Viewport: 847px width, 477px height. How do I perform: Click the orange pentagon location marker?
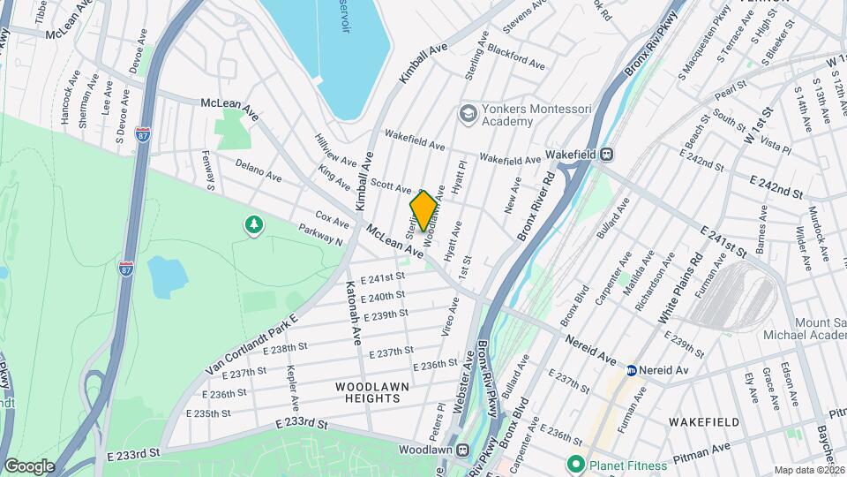click(x=423, y=211)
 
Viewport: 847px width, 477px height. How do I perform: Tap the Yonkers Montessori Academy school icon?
click(x=467, y=113)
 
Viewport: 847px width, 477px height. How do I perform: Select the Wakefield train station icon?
click(x=606, y=154)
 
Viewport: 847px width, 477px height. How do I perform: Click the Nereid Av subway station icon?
click(x=632, y=370)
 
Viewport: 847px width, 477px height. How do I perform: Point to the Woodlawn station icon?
click(x=461, y=450)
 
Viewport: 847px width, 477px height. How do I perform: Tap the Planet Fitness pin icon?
click(x=576, y=463)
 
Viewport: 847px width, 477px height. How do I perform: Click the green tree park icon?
click(x=254, y=226)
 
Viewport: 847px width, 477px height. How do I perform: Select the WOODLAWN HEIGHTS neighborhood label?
click(x=369, y=392)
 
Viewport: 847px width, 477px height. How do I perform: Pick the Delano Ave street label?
click(x=259, y=170)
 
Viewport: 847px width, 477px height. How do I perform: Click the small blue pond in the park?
click(x=168, y=276)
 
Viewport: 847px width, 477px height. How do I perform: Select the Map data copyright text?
click(x=808, y=470)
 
